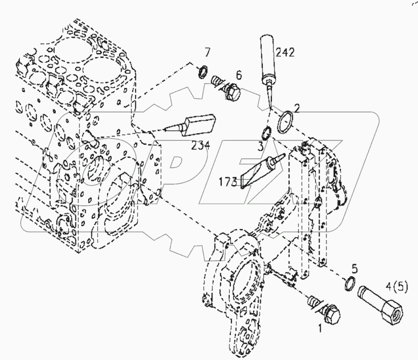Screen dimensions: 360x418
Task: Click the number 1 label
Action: click(320, 329)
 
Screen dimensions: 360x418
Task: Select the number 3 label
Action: click(260, 147)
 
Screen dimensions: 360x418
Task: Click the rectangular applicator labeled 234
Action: click(198, 124)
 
